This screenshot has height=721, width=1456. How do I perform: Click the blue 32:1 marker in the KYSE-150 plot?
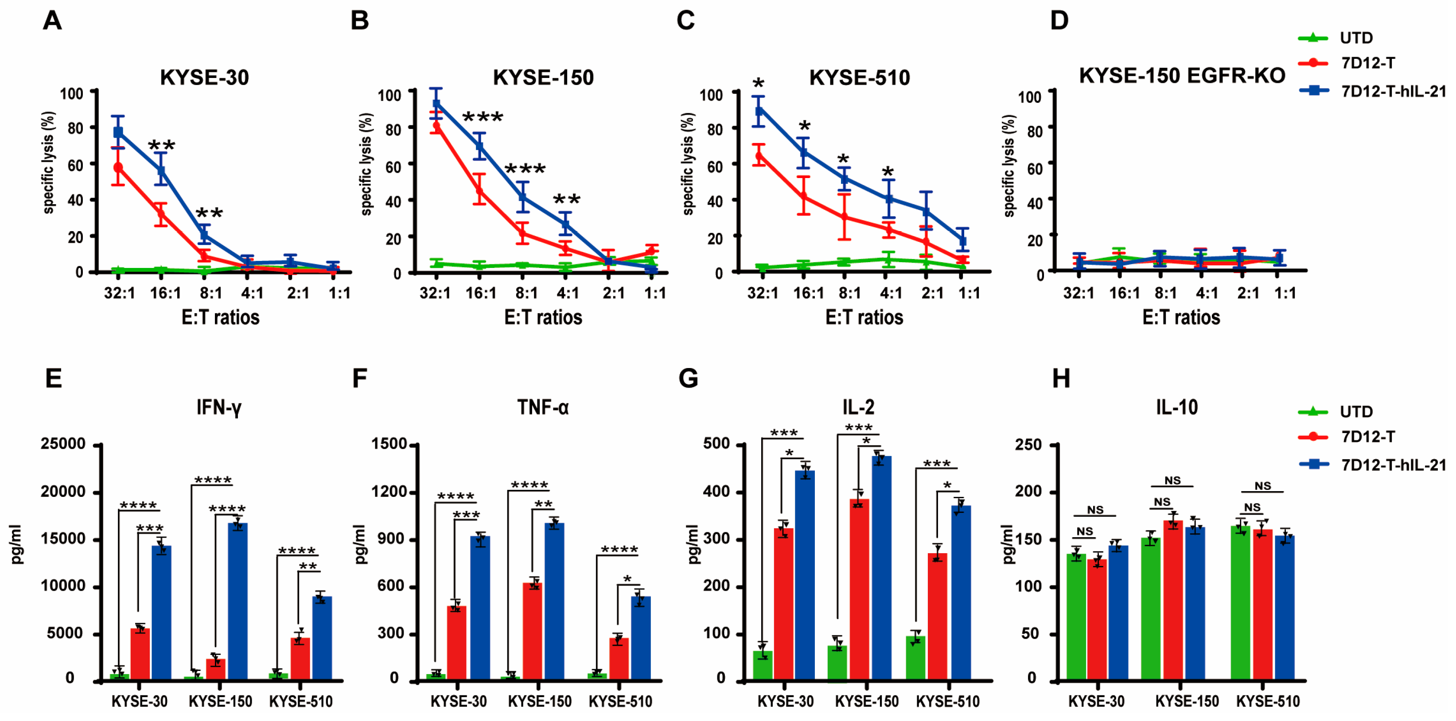[436, 103]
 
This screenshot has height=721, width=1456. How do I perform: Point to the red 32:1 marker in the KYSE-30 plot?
[118, 167]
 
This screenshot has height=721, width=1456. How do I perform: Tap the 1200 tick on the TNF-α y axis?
[392, 492]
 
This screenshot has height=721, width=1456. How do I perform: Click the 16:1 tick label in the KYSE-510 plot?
[808, 293]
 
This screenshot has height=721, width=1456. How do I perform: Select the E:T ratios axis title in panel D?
[1181, 317]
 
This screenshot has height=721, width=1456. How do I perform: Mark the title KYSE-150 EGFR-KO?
[1182, 76]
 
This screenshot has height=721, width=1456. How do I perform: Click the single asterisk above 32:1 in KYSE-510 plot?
[759, 85]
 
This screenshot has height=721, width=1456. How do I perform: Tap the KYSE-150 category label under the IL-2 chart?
[867, 702]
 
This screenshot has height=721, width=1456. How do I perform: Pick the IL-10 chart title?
[1176, 407]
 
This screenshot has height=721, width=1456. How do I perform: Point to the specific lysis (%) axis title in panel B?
[367, 164]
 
